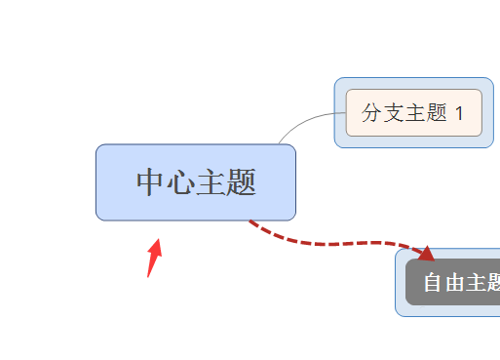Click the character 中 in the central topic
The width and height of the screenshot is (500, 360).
tap(151, 182)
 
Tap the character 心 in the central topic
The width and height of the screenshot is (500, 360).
tap(181, 182)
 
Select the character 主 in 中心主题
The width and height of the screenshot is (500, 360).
tap(212, 182)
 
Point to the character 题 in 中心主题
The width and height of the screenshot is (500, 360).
tap(241, 182)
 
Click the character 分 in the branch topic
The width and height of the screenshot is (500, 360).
tap(371, 113)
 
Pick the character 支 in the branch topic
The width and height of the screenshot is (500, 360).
tap(392, 113)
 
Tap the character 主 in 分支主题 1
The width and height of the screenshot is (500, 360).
tap(413, 113)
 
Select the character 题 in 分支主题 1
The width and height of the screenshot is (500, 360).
tap(435, 113)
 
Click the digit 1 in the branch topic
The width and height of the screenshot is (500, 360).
tap(458, 113)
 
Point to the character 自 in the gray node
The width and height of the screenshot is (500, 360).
tap(433, 283)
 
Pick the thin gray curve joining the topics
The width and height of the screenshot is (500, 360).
tap(302, 122)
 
